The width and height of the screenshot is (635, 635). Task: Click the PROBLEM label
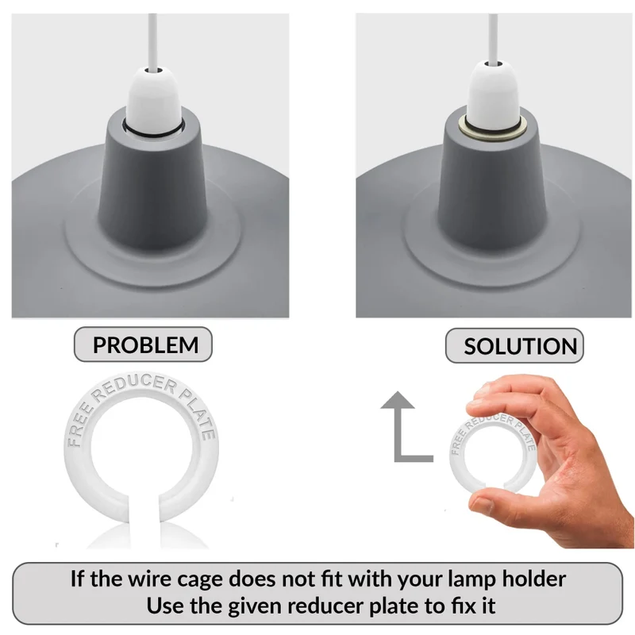click(x=143, y=344)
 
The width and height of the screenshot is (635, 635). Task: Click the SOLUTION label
click(x=514, y=346)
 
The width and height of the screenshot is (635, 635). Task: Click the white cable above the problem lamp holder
click(x=152, y=40)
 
